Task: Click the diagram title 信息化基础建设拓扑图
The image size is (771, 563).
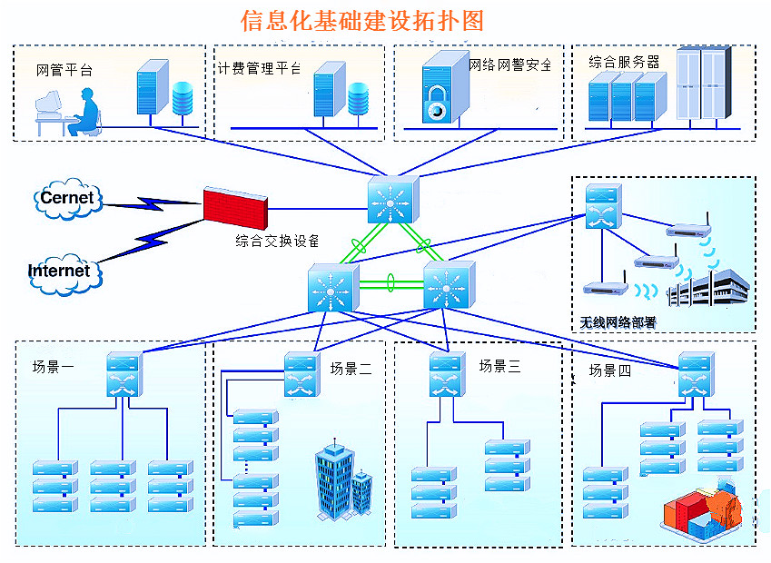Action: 361,20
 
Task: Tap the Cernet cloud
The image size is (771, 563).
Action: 66,198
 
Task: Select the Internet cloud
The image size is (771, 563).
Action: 59,270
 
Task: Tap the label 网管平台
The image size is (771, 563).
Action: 64,69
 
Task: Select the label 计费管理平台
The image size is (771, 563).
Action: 260,68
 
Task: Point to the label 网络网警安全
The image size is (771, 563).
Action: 510,64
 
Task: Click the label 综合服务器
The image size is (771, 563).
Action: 624,62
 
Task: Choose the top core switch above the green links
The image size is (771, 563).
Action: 390,199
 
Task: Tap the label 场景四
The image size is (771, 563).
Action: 609,370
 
